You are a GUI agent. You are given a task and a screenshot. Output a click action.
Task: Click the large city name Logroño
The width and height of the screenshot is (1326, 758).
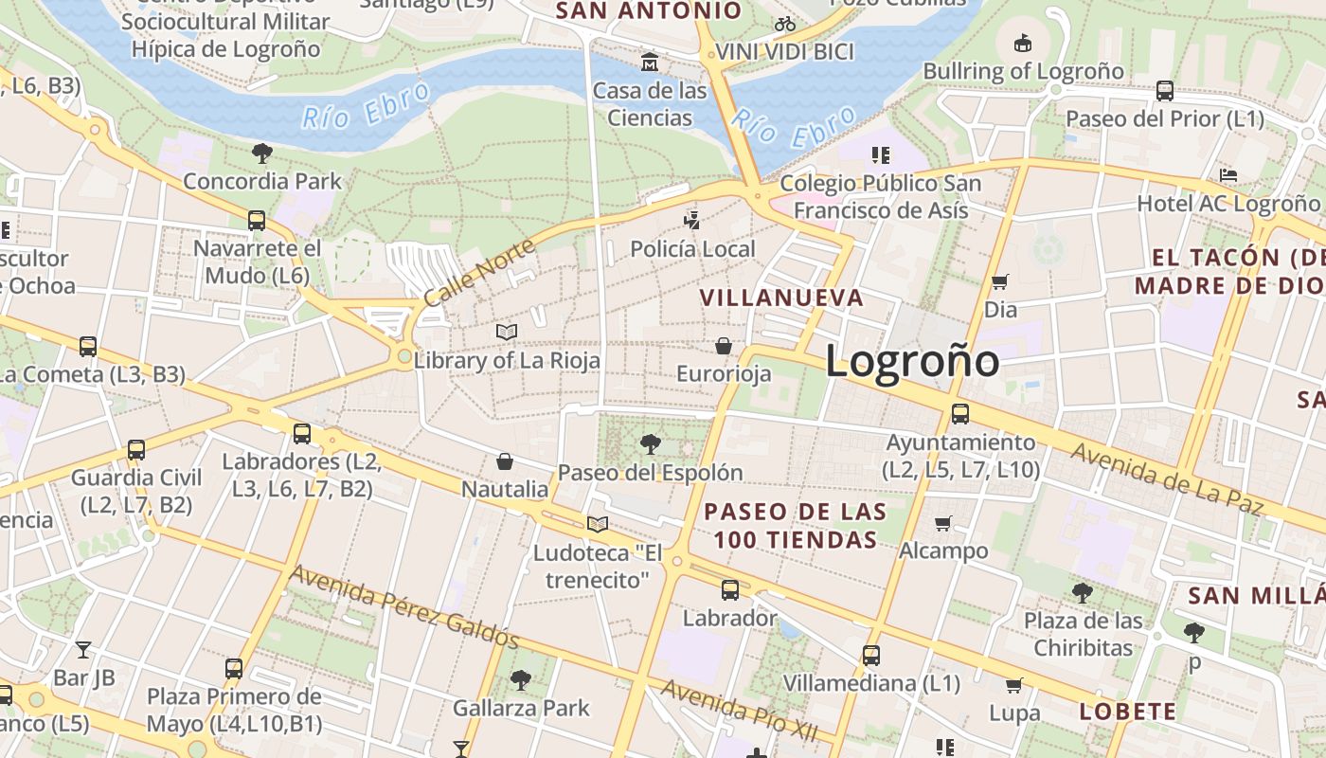pos(912,361)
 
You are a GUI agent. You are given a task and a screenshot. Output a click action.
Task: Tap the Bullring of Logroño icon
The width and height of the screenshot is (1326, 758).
pos(1023,43)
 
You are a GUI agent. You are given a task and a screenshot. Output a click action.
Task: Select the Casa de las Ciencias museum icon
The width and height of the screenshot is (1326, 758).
pos(650,63)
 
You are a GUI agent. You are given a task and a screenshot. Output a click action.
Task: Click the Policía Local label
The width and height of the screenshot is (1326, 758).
pos(693,249)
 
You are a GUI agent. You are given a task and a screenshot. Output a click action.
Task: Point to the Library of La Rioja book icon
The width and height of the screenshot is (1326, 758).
pos(507,332)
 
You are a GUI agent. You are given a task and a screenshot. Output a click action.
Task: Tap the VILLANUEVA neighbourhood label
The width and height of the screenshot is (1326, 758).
pos(781,298)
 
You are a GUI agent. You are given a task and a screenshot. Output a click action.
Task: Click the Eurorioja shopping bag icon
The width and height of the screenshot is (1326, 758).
pos(724,346)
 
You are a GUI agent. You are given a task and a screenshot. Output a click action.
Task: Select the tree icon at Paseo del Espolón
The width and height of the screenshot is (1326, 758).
pos(650,442)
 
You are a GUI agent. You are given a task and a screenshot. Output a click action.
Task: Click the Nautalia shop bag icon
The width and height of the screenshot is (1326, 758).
pos(505,461)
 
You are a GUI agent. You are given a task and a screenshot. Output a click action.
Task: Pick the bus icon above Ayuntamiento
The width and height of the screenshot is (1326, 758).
pos(960,413)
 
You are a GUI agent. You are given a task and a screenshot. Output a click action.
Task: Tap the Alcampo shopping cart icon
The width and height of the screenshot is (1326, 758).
pos(942,523)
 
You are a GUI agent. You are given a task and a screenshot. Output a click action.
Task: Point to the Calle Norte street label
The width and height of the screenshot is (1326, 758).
pos(479,273)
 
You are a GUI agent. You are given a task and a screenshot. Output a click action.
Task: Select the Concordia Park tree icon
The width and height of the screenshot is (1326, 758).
pos(262,153)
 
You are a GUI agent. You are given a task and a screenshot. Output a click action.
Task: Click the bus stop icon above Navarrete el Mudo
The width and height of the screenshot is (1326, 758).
pos(257,221)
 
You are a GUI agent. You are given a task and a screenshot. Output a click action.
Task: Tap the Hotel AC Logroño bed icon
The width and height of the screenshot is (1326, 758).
pos(1228,175)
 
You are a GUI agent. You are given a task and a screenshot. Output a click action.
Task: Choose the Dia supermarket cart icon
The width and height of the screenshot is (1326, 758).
pos(999,281)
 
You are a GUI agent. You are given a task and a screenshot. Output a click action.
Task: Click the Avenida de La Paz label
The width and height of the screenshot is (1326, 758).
pos(1168,478)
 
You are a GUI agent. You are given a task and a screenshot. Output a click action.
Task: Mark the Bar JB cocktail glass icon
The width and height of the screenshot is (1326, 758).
pos(83,649)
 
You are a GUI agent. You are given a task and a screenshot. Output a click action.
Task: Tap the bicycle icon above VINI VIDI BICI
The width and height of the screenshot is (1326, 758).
pos(784,24)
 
